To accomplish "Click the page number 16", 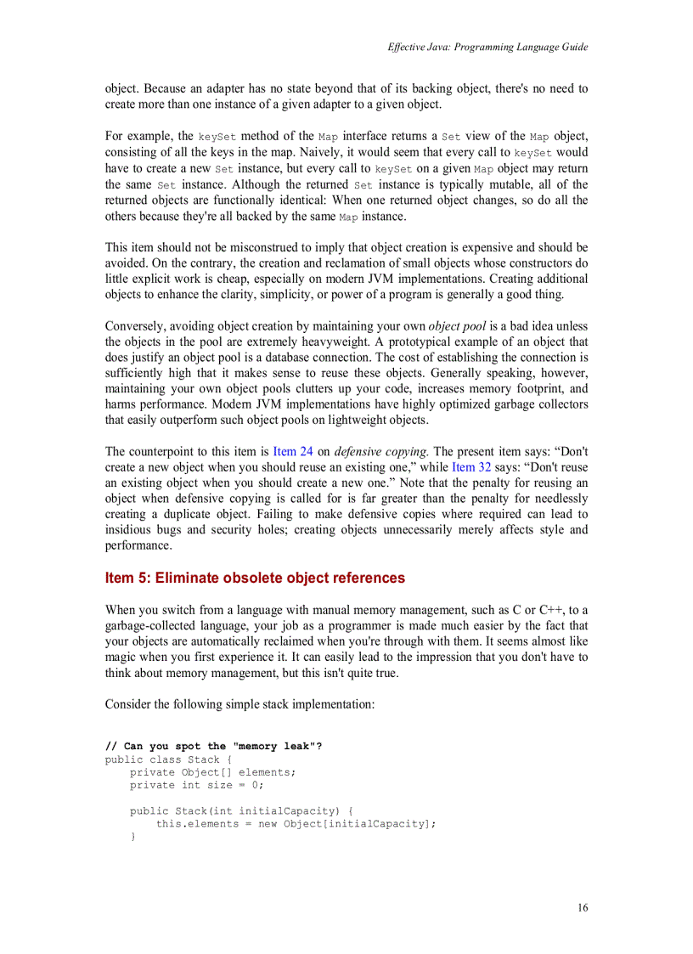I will (x=582, y=907).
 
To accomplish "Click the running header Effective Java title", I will (x=487, y=48).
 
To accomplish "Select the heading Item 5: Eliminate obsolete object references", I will (x=255, y=578).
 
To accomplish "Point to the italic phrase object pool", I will (x=457, y=326).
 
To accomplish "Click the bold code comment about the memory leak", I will (x=213, y=746).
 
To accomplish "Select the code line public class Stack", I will (x=162, y=759).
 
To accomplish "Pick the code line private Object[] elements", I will (x=212, y=772).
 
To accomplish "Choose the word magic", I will (x=122, y=657).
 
